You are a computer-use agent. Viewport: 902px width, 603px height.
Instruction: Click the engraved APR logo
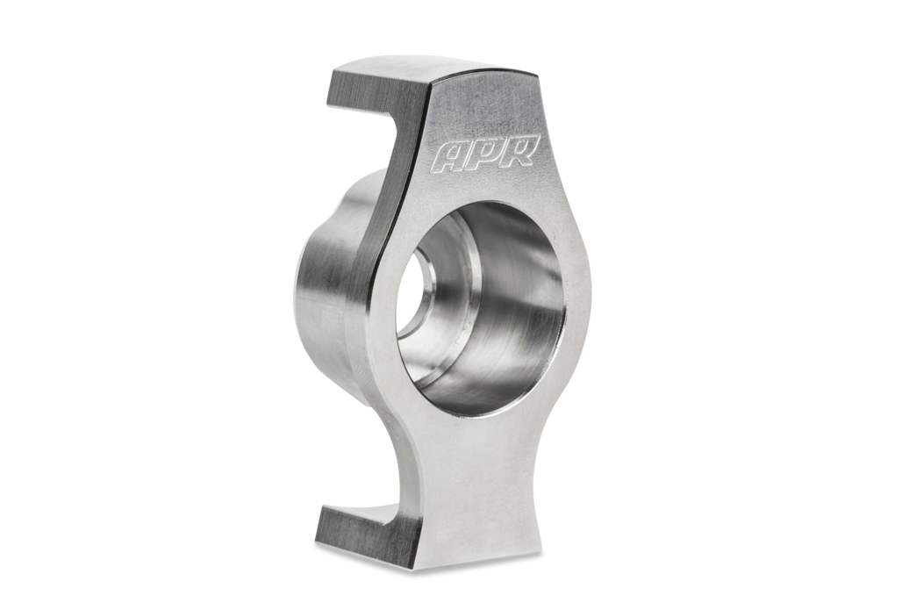pyautogui.click(x=487, y=154)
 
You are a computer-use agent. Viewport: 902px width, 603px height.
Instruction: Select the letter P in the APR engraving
pyautogui.click(x=489, y=154)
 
